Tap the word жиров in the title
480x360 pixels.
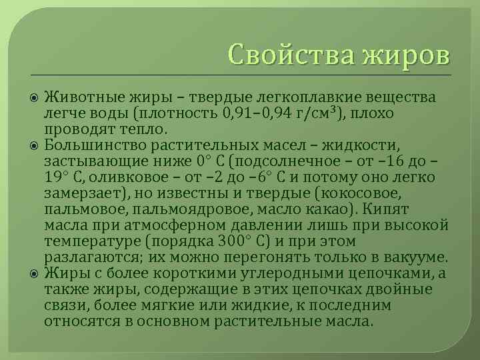(x=406, y=53)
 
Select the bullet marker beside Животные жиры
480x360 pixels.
(x=34, y=99)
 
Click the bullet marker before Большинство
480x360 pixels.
(x=34, y=144)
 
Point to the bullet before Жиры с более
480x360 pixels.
(x=34, y=273)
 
